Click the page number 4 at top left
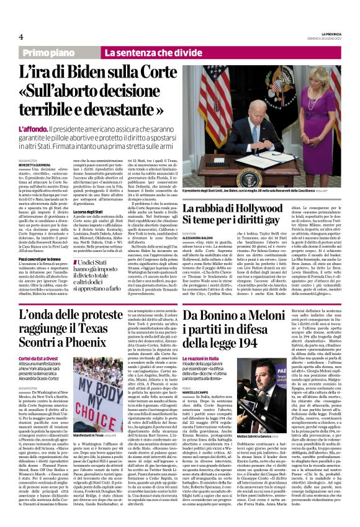pos(20,37)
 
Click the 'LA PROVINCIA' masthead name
pos(327,34)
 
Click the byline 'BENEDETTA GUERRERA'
pos(36,164)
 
